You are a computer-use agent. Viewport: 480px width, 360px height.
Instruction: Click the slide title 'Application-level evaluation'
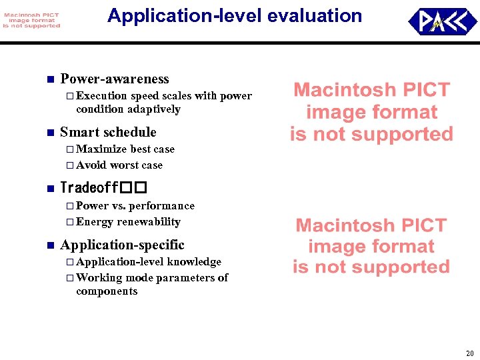(234, 16)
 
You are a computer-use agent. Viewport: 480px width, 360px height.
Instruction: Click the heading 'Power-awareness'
(114, 79)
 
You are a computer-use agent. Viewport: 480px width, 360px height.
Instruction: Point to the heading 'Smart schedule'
(108, 132)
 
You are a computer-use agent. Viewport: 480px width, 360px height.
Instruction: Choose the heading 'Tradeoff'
(103, 187)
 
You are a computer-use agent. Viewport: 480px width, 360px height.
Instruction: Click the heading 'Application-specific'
(122, 245)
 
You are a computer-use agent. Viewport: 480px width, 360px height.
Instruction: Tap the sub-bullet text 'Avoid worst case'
(119, 165)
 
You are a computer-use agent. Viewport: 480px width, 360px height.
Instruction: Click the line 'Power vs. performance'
(135, 205)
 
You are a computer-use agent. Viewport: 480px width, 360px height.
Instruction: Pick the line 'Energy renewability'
(128, 221)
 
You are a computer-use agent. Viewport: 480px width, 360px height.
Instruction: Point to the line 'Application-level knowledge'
(149, 261)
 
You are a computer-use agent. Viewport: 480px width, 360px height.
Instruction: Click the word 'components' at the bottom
(107, 291)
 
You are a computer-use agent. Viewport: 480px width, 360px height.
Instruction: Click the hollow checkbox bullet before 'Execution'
(70, 96)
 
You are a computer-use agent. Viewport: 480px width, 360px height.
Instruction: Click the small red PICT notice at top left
(31, 19)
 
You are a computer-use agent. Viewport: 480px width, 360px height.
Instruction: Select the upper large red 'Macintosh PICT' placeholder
(371, 112)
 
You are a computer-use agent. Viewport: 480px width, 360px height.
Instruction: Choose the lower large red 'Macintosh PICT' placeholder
(371, 246)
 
